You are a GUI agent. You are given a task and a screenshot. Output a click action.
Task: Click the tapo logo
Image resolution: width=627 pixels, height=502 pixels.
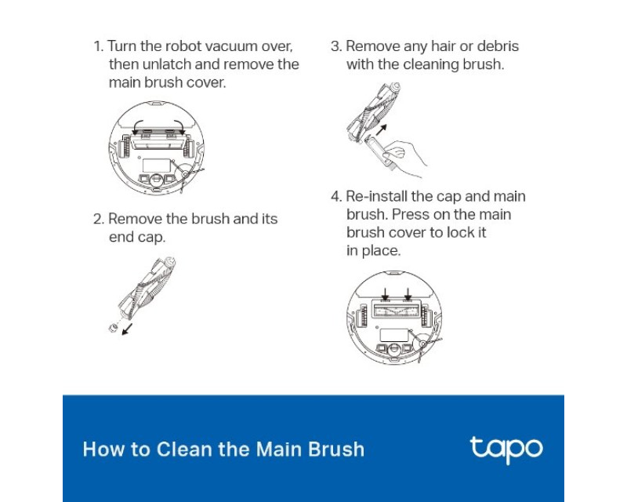pyautogui.click(x=506, y=449)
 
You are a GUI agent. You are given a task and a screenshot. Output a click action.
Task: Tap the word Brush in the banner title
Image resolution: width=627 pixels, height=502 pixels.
pyautogui.click(x=336, y=449)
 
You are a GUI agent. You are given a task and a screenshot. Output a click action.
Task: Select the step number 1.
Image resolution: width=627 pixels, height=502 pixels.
pyautogui.click(x=98, y=46)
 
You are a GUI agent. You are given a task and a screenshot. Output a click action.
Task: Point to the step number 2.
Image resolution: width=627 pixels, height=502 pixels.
pyautogui.click(x=99, y=219)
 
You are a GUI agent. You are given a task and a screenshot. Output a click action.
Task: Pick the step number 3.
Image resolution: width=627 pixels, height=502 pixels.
pyautogui.click(x=336, y=46)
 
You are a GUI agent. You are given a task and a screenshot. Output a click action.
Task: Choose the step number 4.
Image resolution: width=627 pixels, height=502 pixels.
pyautogui.click(x=336, y=196)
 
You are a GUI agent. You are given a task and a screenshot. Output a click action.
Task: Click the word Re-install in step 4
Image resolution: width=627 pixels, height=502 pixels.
pyautogui.click(x=376, y=196)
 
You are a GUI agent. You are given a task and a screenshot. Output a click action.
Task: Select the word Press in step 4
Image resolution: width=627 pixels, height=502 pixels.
pyautogui.click(x=411, y=214)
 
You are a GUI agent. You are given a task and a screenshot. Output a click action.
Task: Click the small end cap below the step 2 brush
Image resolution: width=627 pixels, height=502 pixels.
pyautogui.click(x=113, y=329)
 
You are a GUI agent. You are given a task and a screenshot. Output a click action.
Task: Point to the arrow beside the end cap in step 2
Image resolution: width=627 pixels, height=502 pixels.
pyautogui.click(x=127, y=329)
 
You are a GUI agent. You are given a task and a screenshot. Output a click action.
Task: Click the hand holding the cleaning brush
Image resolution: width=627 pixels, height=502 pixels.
pyautogui.click(x=404, y=157)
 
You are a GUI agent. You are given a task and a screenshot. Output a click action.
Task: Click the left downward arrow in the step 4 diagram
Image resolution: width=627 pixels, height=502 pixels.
pyautogui.click(x=385, y=294)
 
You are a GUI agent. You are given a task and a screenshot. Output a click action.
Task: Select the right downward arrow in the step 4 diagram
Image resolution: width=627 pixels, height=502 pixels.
pyautogui.click(x=408, y=294)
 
